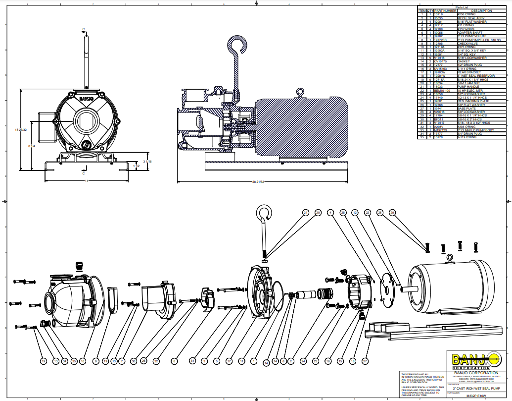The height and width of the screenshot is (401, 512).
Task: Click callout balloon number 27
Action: coord(366,361)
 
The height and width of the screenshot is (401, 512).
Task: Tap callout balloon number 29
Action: coord(393,213)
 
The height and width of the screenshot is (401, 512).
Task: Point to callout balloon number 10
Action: coord(83,361)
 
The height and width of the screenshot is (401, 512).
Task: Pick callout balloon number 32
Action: coord(156,361)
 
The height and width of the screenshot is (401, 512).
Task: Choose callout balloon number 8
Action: coord(174,361)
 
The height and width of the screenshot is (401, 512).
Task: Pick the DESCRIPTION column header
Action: coord(481,11)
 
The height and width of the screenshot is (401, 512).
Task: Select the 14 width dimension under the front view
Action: coord(87,181)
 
